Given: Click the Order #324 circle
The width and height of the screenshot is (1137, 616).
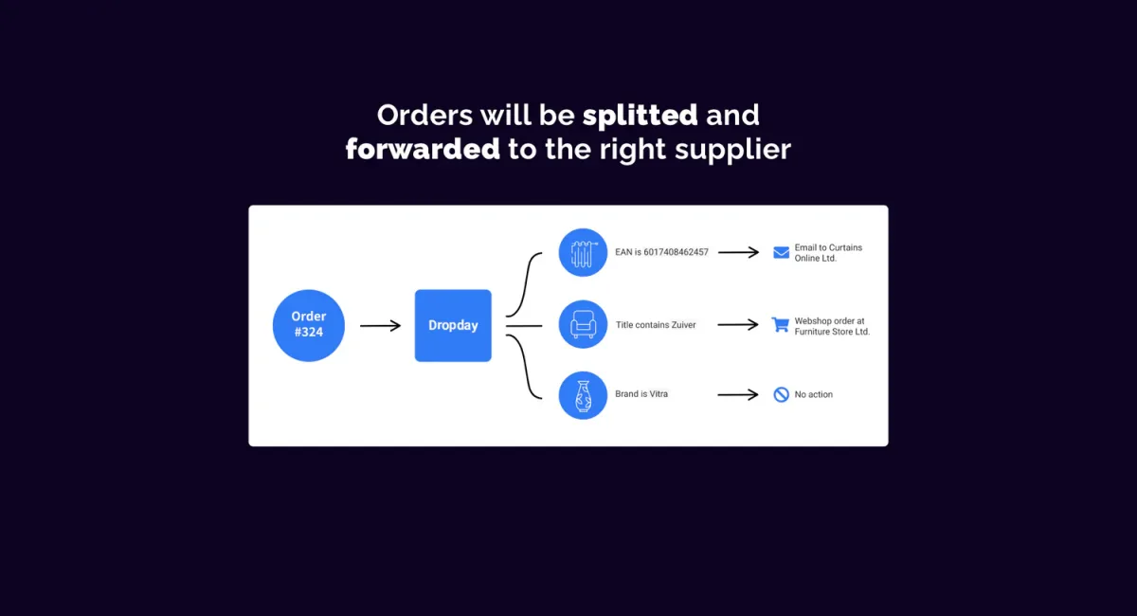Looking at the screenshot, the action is tap(309, 325).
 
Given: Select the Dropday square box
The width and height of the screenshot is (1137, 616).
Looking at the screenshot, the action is tap(453, 325).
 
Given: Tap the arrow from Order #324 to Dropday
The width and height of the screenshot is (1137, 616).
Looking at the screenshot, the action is tap(380, 325).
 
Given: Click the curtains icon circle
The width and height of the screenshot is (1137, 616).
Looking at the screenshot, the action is tap(583, 252).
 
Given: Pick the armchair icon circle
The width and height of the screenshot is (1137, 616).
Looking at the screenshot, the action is tap(583, 324).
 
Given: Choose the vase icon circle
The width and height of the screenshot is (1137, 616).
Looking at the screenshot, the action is tap(583, 395).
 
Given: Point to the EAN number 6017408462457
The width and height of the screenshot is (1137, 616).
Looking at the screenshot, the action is tap(676, 252).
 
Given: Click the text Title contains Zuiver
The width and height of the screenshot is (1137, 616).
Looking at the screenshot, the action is tap(656, 325).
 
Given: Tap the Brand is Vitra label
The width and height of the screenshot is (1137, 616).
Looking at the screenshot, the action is tap(641, 394).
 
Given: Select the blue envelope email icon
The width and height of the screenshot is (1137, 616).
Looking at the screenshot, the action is tap(781, 252).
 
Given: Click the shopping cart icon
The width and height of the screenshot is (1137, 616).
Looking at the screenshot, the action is tap(780, 324).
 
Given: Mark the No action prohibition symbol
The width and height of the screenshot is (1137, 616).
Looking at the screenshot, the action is tap(781, 394).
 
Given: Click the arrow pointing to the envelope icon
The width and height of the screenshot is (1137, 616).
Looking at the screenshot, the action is tap(738, 252).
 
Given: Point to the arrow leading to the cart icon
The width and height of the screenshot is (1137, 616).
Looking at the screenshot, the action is tap(738, 324).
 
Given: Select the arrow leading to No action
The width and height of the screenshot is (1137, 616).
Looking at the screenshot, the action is tap(738, 394).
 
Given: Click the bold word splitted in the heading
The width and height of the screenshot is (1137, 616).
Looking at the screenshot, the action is tap(640, 116).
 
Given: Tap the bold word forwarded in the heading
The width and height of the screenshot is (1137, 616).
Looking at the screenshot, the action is tap(423, 149).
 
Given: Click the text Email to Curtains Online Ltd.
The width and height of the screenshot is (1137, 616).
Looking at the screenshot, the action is tap(828, 253).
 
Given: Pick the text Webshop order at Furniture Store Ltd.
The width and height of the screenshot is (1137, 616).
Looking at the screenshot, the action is tap(832, 327).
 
